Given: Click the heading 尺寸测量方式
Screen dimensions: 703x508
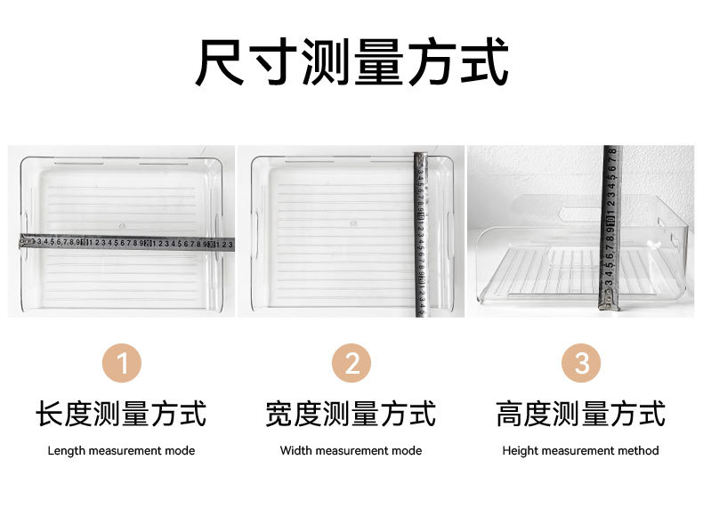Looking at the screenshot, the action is click(x=351, y=61).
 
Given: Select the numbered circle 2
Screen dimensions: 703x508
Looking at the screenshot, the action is click(x=351, y=364).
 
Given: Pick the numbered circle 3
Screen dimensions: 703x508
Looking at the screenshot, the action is click(x=581, y=364).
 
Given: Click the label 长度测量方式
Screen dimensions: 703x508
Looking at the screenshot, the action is click(x=121, y=414).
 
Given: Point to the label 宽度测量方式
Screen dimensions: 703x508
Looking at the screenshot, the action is click(x=351, y=414).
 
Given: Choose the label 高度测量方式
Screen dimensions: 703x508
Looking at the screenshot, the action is click(x=580, y=414).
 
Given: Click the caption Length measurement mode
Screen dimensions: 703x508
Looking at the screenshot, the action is click(x=121, y=451).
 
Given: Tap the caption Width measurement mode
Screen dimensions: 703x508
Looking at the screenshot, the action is click(x=351, y=451).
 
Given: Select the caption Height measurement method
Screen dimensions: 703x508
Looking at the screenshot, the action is click(x=580, y=451).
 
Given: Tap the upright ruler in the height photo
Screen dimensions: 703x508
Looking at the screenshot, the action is click(x=611, y=227).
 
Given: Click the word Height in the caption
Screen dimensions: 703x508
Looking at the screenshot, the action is click(x=520, y=451).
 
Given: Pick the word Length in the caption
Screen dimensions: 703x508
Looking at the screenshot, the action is click(x=67, y=451).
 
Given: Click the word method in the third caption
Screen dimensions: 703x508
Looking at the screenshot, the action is click(x=639, y=451).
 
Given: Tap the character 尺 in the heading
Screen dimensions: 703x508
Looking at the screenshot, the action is click(x=221, y=61).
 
